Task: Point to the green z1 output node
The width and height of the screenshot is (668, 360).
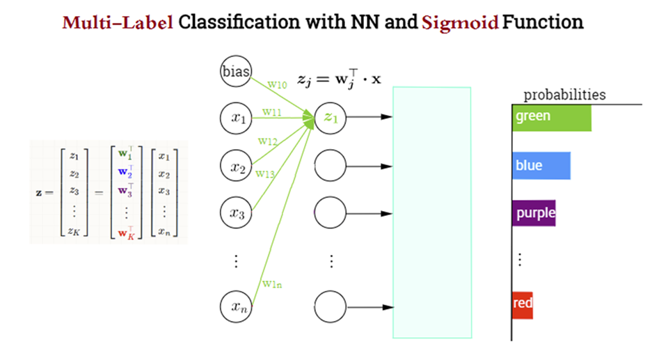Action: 330,118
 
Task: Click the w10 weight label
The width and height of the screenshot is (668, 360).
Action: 277,85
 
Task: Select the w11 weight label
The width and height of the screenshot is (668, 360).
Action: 272,111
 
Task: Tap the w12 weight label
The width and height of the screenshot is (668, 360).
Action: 268,141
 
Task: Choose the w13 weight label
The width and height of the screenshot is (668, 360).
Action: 264,173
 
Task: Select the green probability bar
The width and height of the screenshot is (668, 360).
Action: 551,117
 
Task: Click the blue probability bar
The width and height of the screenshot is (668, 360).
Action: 541,166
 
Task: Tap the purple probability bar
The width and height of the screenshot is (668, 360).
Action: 534,212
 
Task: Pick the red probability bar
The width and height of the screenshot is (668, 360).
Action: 522,304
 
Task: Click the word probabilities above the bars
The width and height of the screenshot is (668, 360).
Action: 564,95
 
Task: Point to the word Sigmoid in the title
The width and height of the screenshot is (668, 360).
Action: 461,23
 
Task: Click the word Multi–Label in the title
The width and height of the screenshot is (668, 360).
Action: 118,23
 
